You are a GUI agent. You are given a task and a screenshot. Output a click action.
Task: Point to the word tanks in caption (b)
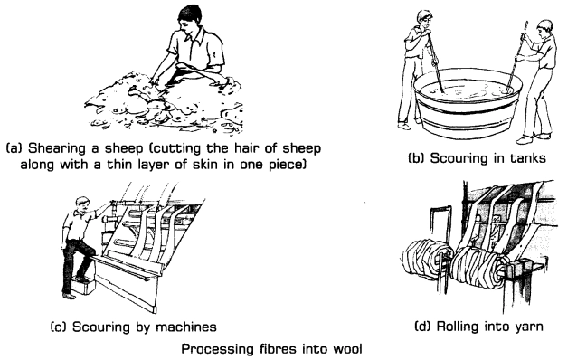(527, 158)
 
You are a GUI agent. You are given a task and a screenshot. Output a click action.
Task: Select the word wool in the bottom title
(347, 348)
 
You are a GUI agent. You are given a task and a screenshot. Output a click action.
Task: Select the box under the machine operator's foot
(84, 286)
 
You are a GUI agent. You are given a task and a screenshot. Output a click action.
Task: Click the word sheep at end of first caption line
(301, 148)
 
